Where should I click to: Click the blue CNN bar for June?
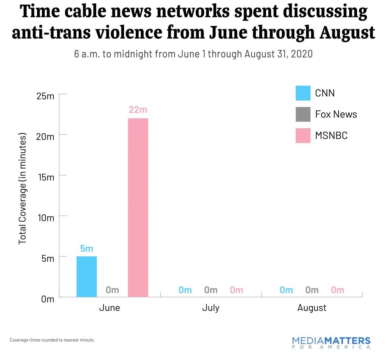tap(87, 276)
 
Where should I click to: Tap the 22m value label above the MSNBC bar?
tap(138, 110)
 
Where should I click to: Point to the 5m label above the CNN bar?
tap(87, 248)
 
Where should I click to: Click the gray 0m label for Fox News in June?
tap(112, 290)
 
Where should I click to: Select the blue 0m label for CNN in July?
tap(185, 290)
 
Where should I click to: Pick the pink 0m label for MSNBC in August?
tap(337, 290)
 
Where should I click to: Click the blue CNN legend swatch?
tap(303, 93)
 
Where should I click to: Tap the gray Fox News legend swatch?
tap(303, 114)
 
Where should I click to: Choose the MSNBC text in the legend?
tap(331, 135)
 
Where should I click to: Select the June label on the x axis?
tap(110, 308)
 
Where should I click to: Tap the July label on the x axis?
tap(211, 308)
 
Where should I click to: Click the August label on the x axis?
tap(312, 308)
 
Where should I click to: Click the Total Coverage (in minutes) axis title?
tap(23, 188)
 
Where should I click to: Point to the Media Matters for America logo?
tap(331, 343)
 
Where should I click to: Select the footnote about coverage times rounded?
tap(52, 340)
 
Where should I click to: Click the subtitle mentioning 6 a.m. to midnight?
tap(193, 54)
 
